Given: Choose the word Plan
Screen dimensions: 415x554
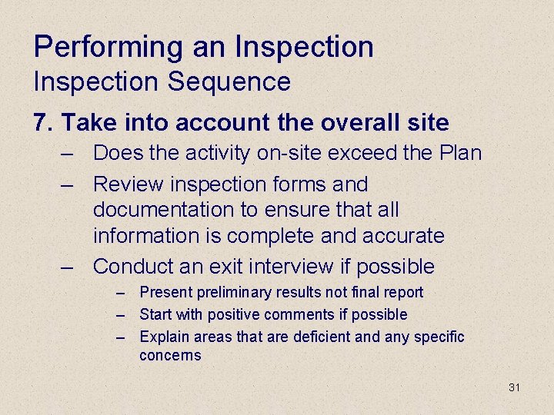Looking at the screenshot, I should (459, 153).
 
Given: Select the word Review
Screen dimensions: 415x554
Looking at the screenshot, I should (127, 184).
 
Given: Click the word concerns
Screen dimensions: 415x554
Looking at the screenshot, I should (170, 356).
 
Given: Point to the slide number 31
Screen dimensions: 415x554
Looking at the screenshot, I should (515, 387).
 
